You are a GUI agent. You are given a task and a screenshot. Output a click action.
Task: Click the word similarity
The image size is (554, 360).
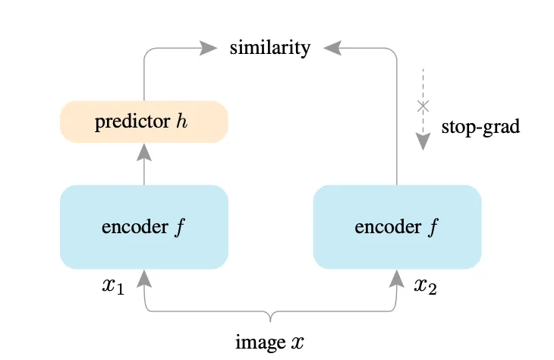click(270, 48)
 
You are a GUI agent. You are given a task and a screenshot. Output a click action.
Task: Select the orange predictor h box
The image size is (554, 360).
click(144, 122)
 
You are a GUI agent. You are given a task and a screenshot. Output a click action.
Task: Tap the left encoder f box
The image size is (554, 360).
click(144, 226)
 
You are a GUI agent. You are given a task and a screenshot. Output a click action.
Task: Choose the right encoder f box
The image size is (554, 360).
click(397, 226)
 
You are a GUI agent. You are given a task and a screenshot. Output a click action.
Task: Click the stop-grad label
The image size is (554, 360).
click(480, 126)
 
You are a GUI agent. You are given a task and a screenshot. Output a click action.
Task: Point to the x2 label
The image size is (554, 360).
click(426, 286)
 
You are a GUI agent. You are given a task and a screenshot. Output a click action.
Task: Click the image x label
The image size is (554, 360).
click(269, 342)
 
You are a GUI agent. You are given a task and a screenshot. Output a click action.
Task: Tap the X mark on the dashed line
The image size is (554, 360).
click(423, 106)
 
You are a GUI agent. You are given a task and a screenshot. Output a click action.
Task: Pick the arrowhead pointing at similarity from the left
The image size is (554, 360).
click(209, 48)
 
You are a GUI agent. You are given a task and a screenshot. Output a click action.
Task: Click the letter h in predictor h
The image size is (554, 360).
click(182, 122)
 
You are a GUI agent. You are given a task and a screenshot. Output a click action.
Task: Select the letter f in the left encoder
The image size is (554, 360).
click(181, 226)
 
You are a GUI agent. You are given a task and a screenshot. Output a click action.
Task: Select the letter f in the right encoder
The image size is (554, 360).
click(434, 226)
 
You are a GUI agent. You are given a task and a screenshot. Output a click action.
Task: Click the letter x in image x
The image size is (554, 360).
click(297, 343)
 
